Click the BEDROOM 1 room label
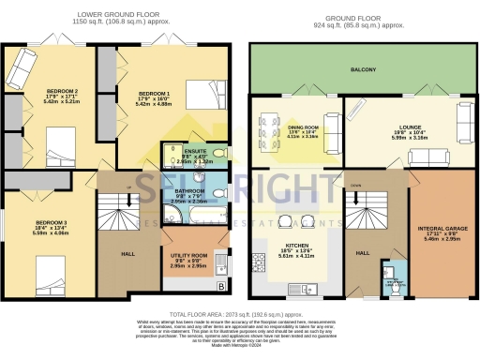[x=154, y=95]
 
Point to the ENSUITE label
[x=196, y=151]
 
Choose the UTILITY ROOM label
[x=188, y=255]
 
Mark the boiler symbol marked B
[x=220, y=286]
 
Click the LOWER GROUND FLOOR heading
[x=115, y=15]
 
